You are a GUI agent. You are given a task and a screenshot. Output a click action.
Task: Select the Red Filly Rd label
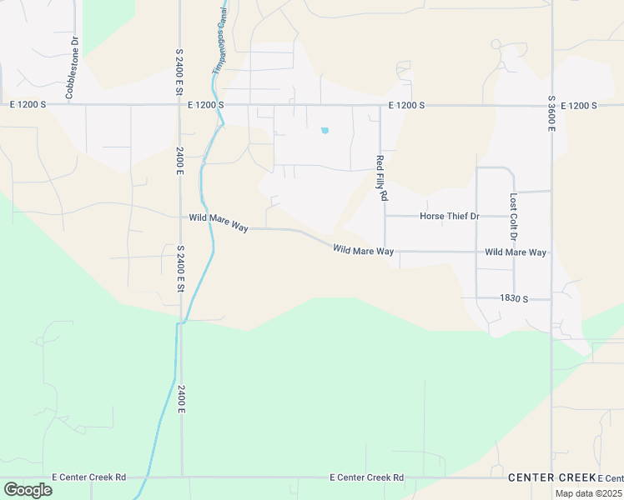pyautogui.click(x=382, y=178)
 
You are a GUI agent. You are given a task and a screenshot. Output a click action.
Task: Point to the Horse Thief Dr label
pyautogui.click(x=450, y=217)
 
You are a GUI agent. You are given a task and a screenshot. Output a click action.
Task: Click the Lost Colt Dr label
pyautogui.click(x=513, y=214)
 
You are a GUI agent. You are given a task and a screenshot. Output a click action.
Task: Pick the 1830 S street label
pyautogui.click(x=514, y=298)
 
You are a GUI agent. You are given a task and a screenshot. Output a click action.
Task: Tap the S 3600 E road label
pyautogui.click(x=551, y=110)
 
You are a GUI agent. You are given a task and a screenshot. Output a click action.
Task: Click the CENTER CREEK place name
pyautogui.click(x=551, y=477)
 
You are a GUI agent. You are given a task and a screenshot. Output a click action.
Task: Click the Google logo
pyautogui.click(x=28, y=489)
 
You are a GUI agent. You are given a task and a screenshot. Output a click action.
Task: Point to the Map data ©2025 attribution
pyautogui.click(x=588, y=493)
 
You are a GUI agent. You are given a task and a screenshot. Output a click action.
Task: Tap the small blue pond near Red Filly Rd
pyautogui.click(x=325, y=130)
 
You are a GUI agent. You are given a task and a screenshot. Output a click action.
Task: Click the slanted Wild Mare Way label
pyautogui.click(x=362, y=249)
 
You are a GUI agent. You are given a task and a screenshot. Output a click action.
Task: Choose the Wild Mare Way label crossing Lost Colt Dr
pyautogui.click(x=515, y=252)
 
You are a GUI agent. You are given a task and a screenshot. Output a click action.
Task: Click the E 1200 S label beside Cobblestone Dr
pyautogui.click(x=28, y=105)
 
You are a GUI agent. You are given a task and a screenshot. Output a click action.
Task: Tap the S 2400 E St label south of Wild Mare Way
pyautogui.click(x=179, y=268)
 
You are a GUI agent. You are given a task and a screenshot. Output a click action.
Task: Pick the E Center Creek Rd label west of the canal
pyautogui.click(x=88, y=477)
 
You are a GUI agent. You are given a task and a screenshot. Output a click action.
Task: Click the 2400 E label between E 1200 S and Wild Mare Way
pyautogui.click(x=179, y=160)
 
